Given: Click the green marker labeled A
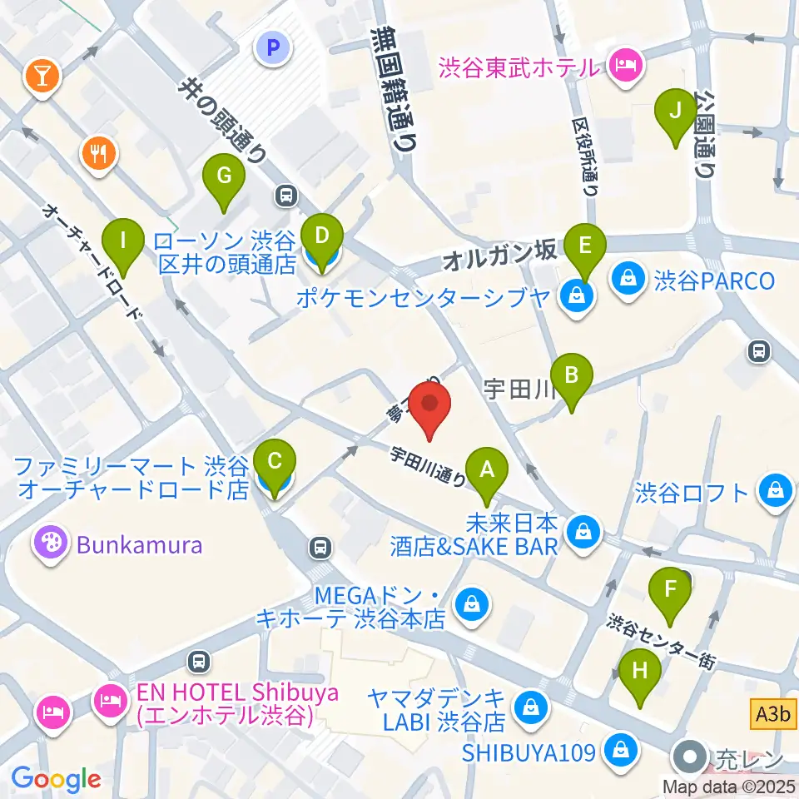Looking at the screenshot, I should (x=487, y=470).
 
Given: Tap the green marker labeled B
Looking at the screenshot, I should (x=571, y=375).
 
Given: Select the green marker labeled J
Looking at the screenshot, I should (x=676, y=111).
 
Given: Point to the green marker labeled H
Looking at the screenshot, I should (x=639, y=671).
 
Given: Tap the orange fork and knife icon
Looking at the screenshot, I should (x=98, y=151).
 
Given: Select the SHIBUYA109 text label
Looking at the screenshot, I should (x=529, y=752).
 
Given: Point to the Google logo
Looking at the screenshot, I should (x=56, y=779).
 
